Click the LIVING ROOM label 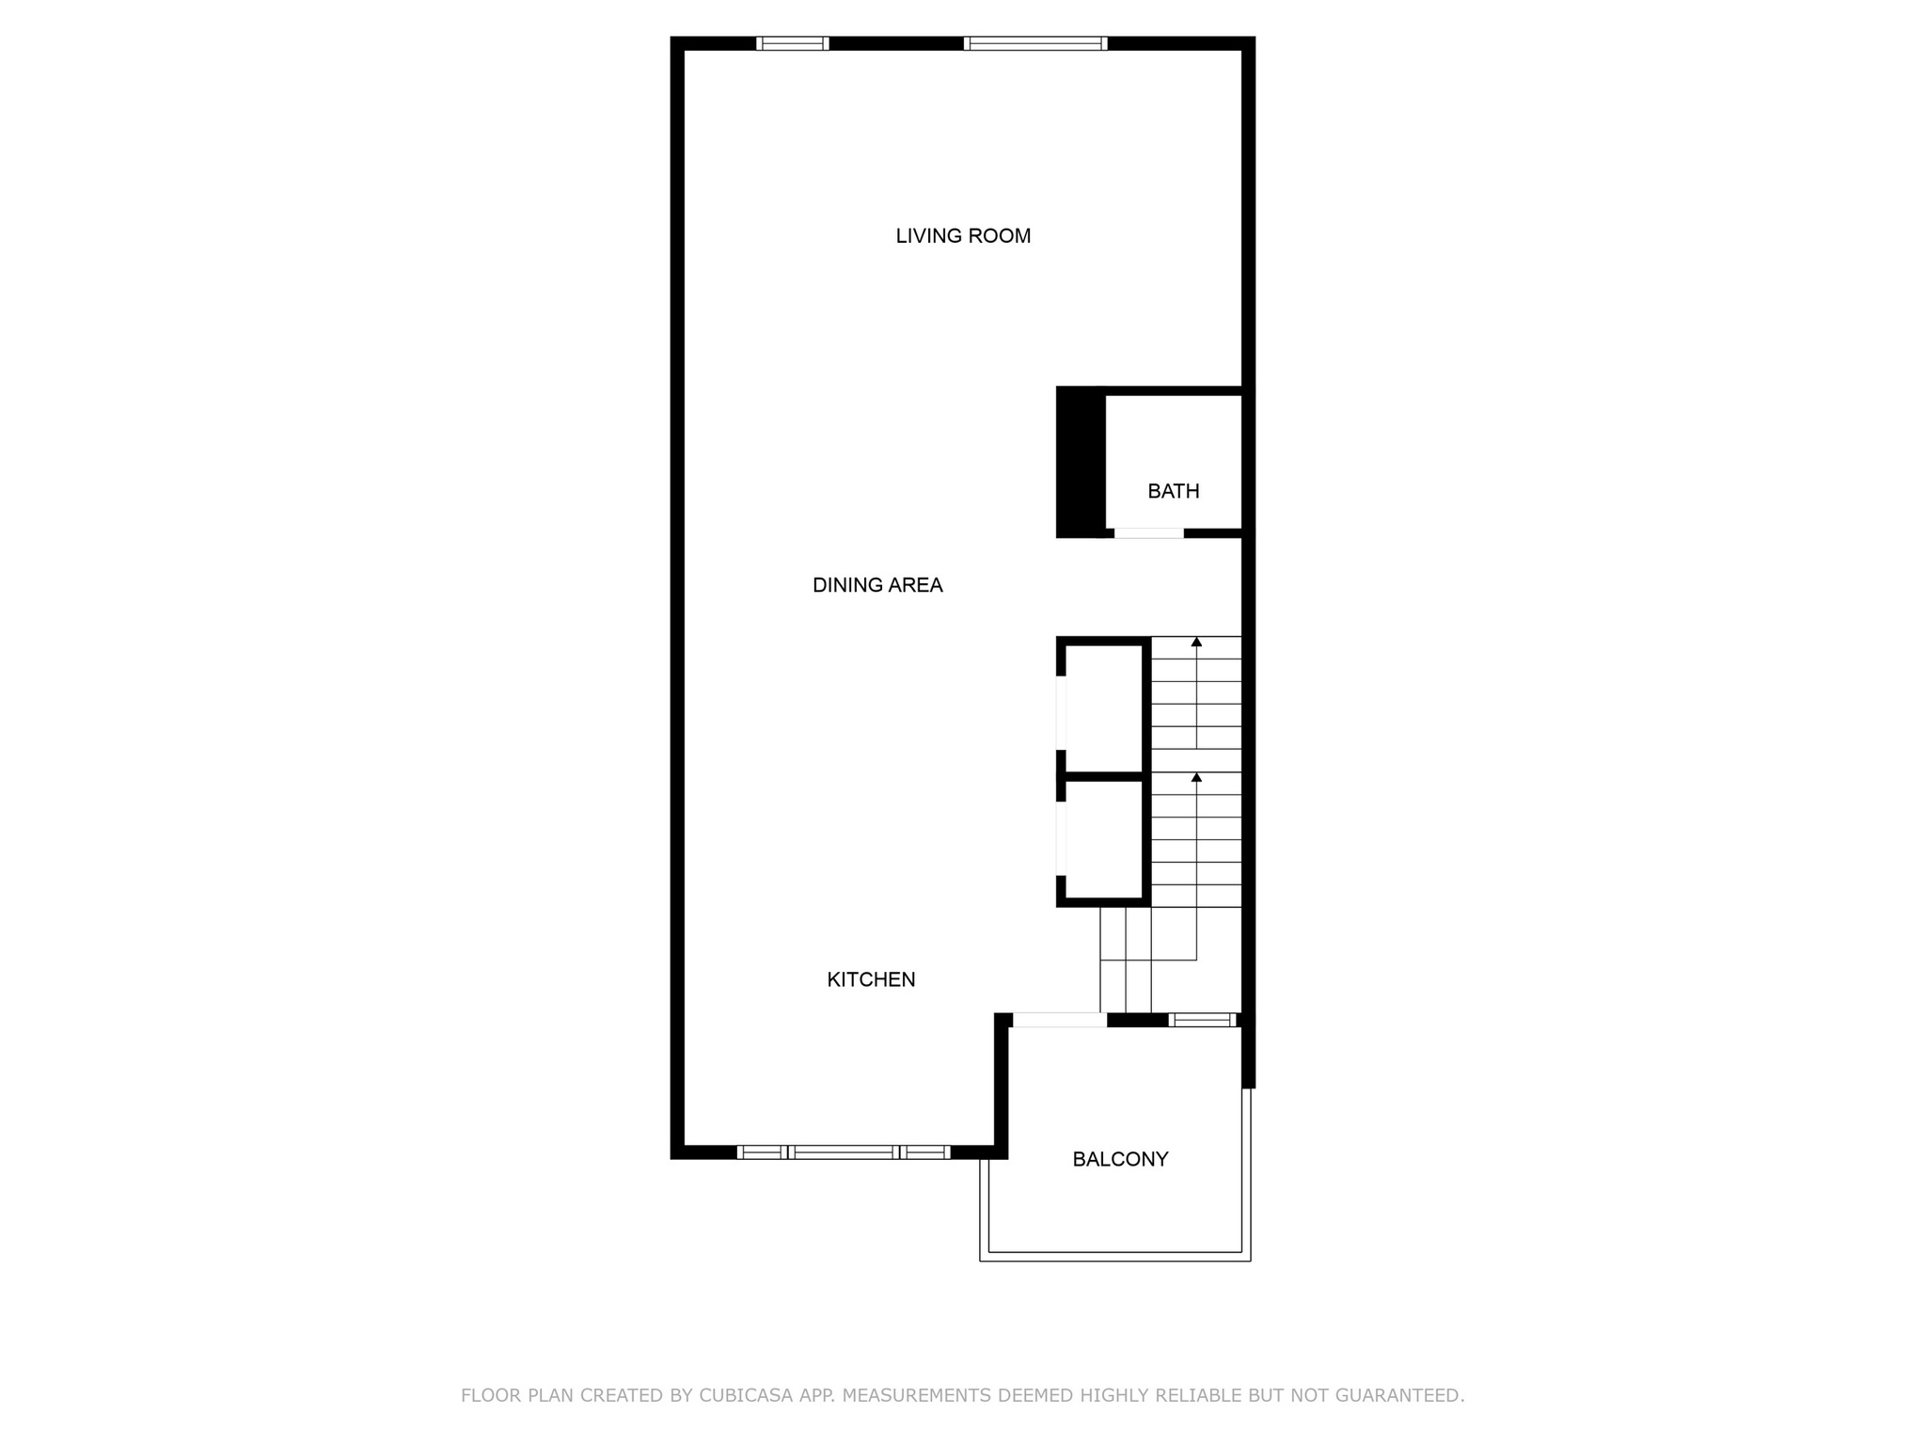[963, 236]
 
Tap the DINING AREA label [877, 585]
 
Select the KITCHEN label [871, 979]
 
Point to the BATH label [1174, 491]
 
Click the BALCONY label [1120, 1159]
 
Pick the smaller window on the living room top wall [792, 43]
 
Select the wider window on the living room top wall [1035, 43]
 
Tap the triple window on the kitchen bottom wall [844, 1152]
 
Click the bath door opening [1148, 533]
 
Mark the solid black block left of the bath [1080, 461]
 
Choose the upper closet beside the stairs [1103, 708]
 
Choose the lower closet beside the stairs [1103, 839]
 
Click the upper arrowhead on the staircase [1196, 643]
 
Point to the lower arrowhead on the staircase [1196, 777]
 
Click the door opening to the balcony [1059, 1020]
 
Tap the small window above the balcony [1202, 1020]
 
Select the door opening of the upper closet [1061, 713]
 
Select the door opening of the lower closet [1061, 838]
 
